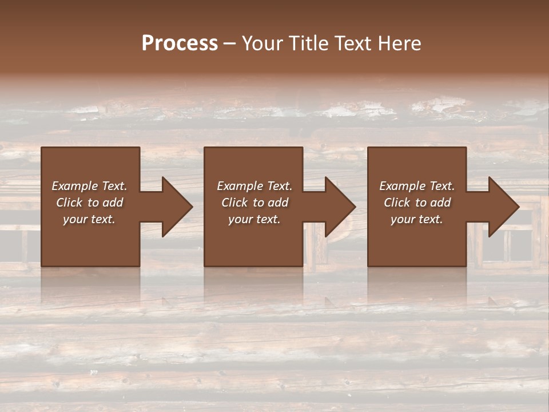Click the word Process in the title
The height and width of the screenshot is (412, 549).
[180, 43]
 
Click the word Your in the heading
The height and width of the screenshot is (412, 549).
[261, 43]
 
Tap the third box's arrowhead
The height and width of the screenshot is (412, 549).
[503, 207]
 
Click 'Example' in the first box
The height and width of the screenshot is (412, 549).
[74, 186]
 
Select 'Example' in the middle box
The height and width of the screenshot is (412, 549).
[240, 186]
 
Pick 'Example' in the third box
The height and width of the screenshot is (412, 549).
[402, 186]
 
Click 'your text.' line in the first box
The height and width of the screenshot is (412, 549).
[89, 219]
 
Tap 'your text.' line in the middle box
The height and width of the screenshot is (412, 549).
[254, 219]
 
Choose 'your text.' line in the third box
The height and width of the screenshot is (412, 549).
[417, 219]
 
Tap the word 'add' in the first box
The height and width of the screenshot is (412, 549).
[113, 203]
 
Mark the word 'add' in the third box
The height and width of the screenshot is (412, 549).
[441, 203]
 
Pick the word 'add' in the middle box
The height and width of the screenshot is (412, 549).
[279, 203]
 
